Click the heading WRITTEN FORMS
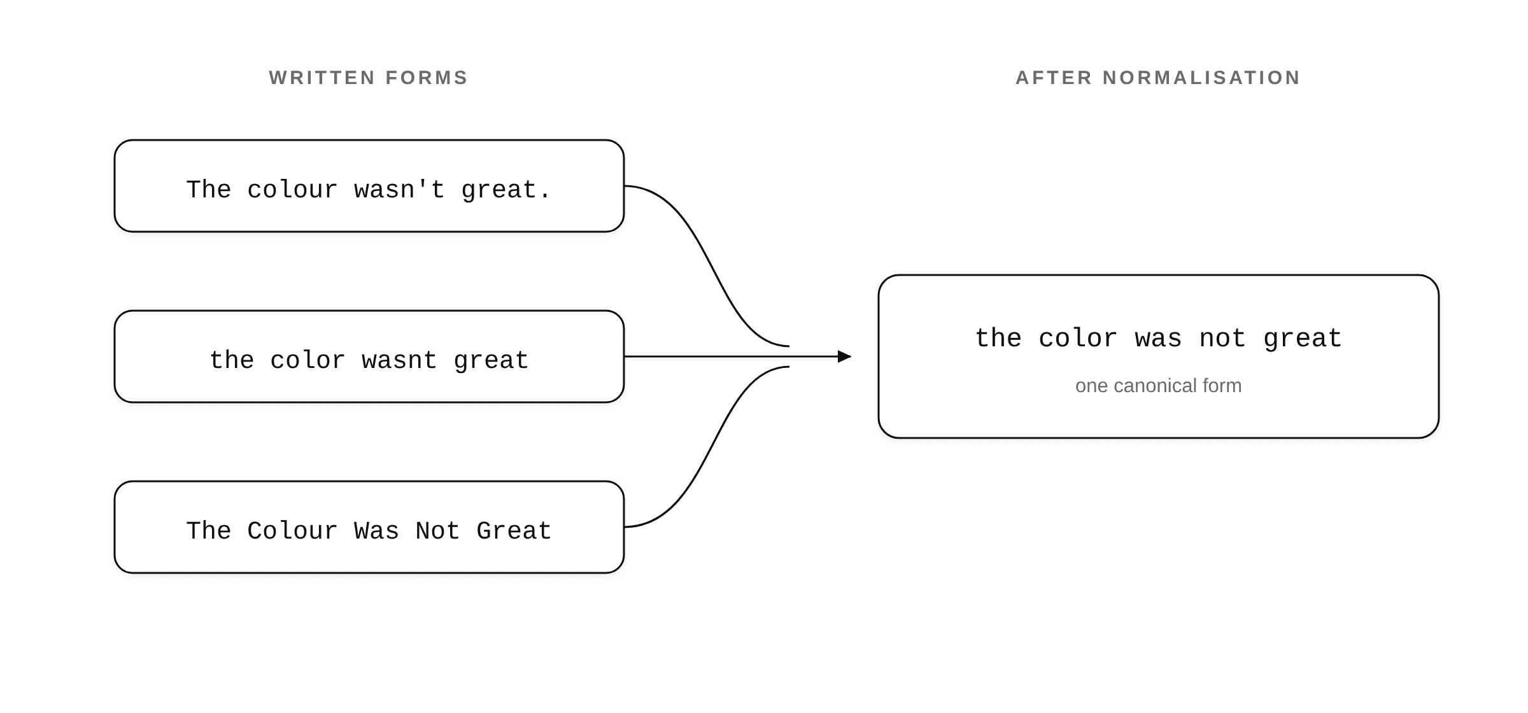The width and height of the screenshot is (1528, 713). click(x=369, y=78)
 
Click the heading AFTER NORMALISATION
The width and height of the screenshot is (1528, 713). click(x=1158, y=78)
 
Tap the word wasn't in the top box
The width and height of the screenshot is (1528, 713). click(x=399, y=190)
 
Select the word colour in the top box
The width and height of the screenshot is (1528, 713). click(x=292, y=190)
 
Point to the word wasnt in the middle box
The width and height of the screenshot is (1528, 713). click(x=399, y=361)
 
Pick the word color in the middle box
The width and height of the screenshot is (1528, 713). click(x=308, y=361)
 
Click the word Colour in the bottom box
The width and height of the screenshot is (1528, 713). click(x=292, y=531)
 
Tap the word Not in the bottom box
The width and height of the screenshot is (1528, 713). click(x=437, y=531)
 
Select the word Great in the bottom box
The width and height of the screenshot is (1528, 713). click(x=514, y=531)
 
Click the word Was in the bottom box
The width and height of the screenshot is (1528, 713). click(x=376, y=531)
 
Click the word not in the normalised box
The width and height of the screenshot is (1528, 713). click(x=1222, y=339)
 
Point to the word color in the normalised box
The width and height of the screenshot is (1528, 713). click(x=1078, y=339)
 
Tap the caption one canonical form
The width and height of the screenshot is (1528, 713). click(x=1158, y=386)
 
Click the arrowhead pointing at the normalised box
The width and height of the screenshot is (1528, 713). click(x=845, y=356)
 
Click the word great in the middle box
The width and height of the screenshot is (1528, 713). click(x=491, y=361)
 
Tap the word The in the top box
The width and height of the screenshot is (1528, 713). click(x=208, y=190)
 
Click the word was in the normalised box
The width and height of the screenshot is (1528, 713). click(x=1158, y=339)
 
